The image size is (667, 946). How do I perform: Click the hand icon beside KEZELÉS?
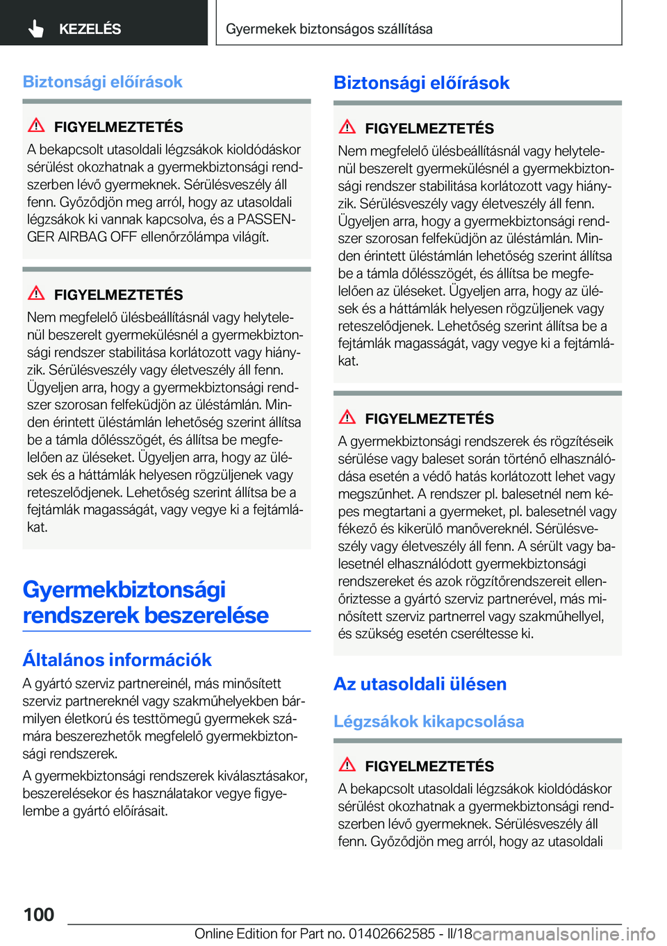click(36, 28)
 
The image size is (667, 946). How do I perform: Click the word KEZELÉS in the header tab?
click(90, 29)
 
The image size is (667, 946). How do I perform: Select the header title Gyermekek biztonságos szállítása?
click(329, 29)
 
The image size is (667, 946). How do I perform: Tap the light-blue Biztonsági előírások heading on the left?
click(102, 82)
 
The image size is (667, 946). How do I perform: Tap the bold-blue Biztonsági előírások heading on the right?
click(421, 83)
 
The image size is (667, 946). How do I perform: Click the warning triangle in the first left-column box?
click(36, 126)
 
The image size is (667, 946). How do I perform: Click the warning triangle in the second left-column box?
click(36, 293)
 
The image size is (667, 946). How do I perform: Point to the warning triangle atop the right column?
click(347, 127)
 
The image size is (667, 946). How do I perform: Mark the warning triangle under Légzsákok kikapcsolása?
click(347, 765)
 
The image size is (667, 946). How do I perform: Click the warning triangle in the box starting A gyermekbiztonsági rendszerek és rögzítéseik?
click(347, 417)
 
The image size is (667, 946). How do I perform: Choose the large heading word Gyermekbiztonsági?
click(124, 590)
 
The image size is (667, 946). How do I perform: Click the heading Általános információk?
click(117, 660)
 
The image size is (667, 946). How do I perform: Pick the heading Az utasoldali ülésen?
click(420, 684)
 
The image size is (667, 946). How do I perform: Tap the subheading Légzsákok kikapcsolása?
click(429, 722)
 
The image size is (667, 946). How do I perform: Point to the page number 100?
click(39, 915)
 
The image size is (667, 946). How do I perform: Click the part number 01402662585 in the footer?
click(392, 933)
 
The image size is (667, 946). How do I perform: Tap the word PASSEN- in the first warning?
click(266, 219)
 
